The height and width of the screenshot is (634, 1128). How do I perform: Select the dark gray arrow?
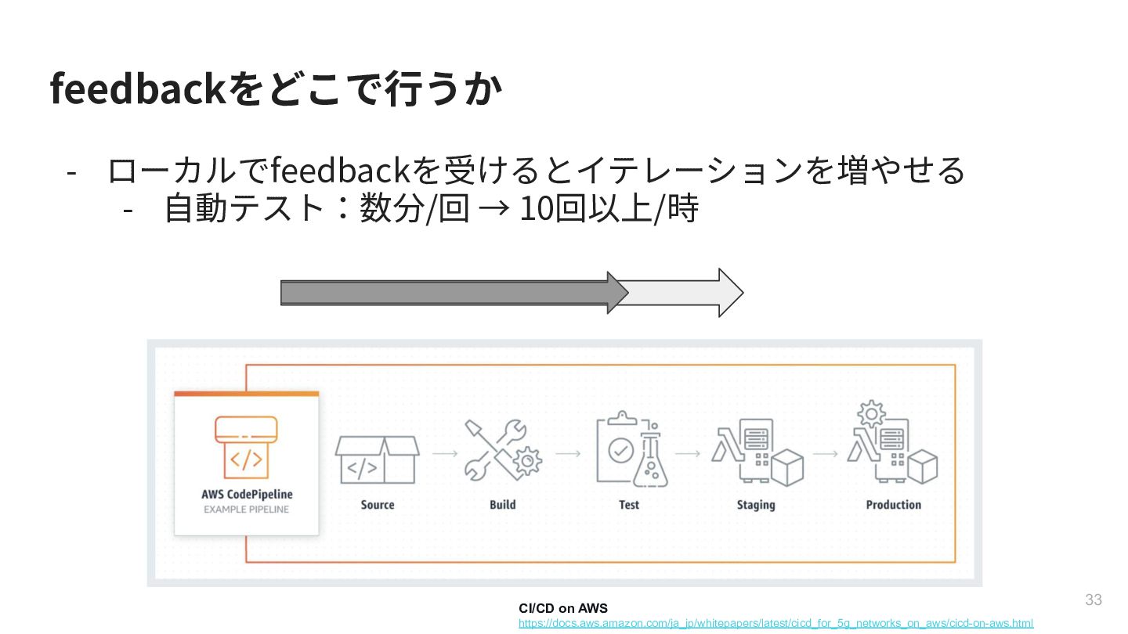point(446,293)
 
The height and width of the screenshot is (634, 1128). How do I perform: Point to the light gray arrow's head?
point(728,293)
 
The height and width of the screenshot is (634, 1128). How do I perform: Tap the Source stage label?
point(378,505)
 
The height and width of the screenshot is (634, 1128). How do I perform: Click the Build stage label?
point(503,505)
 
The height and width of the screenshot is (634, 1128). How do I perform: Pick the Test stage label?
point(629,505)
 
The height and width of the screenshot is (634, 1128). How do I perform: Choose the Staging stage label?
point(756,505)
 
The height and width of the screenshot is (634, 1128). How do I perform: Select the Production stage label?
point(893,505)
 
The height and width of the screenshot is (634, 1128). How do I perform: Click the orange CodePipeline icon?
point(246,447)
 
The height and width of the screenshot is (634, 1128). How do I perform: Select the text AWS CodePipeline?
point(247,495)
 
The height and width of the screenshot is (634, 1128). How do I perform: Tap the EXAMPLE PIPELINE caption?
point(247,510)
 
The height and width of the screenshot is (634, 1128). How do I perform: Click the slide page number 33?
point(1094,600)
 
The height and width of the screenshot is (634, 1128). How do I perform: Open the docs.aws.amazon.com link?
point(775,623)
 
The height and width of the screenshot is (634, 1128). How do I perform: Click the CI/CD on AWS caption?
point(562,608)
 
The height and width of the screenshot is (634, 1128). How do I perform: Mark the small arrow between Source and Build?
point(445,453)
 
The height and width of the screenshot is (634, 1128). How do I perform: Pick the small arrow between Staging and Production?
point(826,453)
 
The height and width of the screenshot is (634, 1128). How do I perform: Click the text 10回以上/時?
point(608,209)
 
